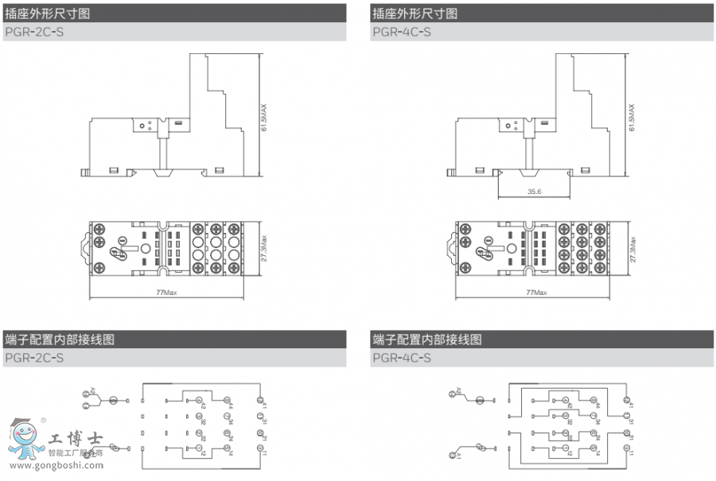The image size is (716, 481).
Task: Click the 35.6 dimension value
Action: [534, 192]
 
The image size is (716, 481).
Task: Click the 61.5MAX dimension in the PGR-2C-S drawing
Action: [265, 118]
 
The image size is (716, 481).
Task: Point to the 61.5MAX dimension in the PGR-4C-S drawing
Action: [632, 118]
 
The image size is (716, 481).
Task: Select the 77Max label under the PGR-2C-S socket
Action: [165, 293]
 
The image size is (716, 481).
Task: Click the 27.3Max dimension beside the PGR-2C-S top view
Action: [265, 248]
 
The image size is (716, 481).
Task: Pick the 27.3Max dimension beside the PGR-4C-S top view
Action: [633, 248]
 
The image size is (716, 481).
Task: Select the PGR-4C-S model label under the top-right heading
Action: [401, 33]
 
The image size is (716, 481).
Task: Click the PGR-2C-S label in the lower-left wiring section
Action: [34, 358]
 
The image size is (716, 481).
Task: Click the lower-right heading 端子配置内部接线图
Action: [427, 339]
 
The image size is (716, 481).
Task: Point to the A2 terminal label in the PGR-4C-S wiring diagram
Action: [459, 390]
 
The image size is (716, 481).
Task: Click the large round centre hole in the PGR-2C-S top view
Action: [146, 248]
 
